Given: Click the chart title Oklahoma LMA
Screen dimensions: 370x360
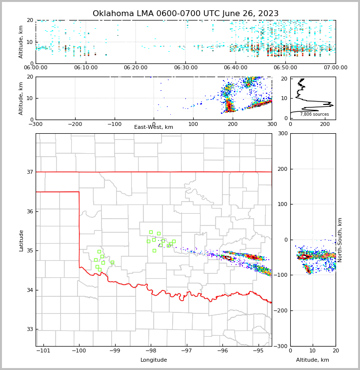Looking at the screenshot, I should (185, 14).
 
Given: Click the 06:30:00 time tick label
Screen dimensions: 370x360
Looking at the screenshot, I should (185, 68).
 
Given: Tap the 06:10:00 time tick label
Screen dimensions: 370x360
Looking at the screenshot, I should (85, 68).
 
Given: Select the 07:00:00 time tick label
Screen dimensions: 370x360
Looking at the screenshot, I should (335, 68).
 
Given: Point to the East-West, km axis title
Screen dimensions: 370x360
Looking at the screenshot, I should (154, 127).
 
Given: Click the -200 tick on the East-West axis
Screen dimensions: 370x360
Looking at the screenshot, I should (75, 124).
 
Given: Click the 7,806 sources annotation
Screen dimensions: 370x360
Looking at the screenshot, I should (314, 114).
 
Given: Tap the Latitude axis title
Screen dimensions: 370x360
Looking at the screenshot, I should (21, 240).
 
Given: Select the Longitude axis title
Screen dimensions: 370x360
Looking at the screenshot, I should (154, 360).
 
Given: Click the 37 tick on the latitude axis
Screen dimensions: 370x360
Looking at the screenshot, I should (30, 172).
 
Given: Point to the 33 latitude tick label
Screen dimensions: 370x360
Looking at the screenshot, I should (30, 329).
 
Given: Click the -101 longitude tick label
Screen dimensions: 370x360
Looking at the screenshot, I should (43, 351).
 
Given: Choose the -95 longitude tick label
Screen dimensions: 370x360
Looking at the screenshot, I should (258, 351).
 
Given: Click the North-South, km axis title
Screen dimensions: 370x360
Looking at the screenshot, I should (340, 240).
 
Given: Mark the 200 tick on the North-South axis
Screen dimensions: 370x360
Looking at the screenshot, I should (281, 169).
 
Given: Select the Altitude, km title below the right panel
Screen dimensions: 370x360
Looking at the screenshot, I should (313, 360).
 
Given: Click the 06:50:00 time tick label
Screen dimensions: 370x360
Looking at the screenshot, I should (285, 68).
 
